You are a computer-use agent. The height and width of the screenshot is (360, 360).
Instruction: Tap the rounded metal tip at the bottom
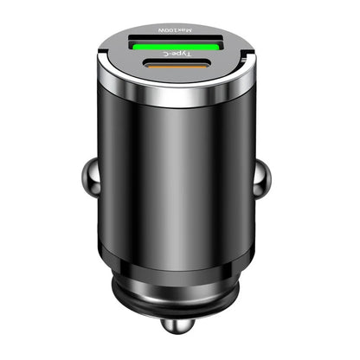point(180,339)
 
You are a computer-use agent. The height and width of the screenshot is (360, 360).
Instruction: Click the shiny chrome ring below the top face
point(180,95)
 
